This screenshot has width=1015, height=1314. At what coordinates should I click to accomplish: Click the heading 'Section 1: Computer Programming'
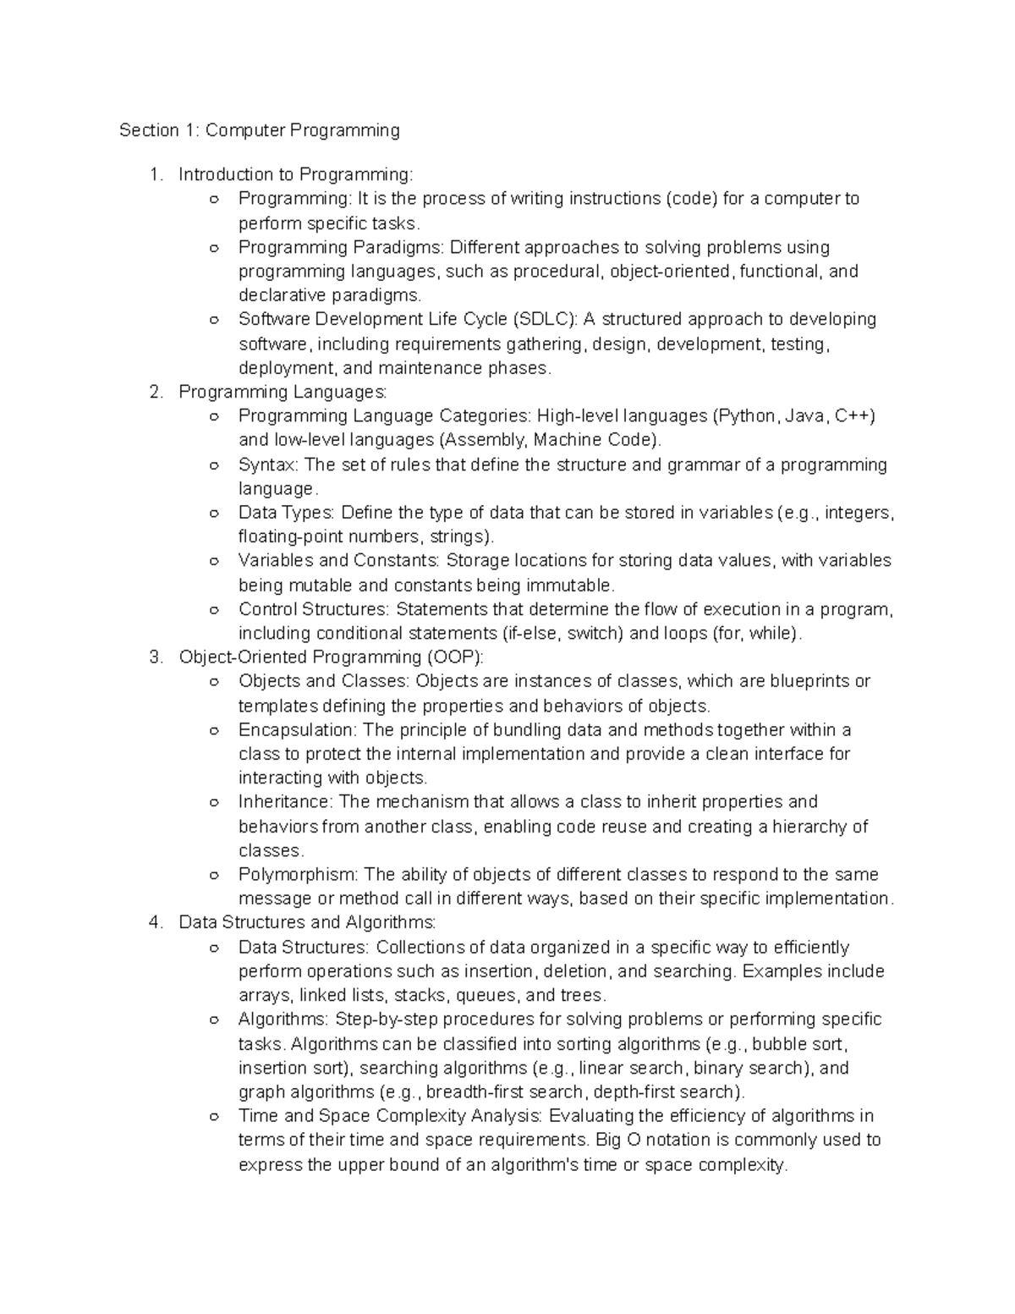(259, 130)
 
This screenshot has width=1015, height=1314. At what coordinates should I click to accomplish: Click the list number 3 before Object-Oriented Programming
(153, 657)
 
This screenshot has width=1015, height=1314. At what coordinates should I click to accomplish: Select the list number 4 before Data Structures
(153, 922)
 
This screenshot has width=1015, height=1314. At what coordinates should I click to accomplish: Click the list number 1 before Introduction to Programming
(153, 175)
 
